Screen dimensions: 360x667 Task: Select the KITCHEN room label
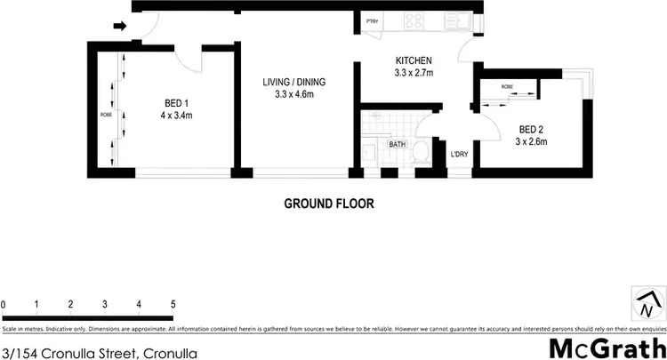tap(414, 61)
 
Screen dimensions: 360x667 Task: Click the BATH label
tap(397, 143)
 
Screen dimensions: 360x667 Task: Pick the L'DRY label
tap(459, 156)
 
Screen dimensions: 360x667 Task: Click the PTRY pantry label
tap(371, 20)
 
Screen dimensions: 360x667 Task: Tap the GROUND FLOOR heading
tap(328, 203)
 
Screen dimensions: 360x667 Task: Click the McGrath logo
tap(605, 348)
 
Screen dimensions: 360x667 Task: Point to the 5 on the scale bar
tap(173, 305)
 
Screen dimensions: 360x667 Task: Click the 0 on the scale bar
tap(4, 305)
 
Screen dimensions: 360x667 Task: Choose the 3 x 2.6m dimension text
tap(533, 140)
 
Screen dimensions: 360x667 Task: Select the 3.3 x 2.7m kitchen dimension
tap(414, 75)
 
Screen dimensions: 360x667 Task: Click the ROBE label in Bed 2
tap(507, 86)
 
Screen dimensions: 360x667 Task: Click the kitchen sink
tap(461, 20)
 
